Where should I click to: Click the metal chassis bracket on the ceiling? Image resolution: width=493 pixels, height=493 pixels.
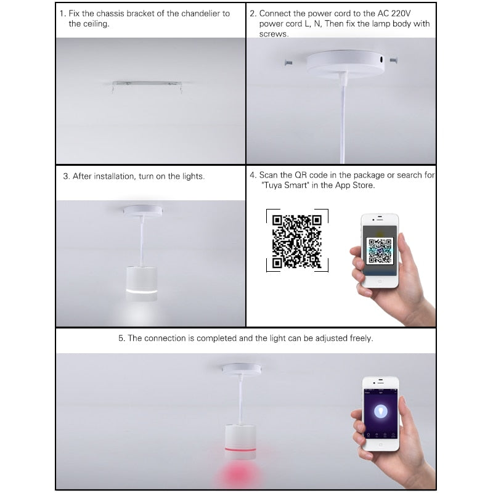[x=147, y=84]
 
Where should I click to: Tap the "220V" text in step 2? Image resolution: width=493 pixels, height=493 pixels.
[x=401, y=14]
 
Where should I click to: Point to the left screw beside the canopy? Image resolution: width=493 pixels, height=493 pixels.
[x=288, y=63]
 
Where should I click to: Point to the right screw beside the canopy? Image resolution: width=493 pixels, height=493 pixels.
[x=394, y=60]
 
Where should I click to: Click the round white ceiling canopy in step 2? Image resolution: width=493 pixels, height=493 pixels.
[x=345, y=64]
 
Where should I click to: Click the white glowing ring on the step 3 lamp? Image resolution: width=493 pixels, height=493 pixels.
[x=142, y=291]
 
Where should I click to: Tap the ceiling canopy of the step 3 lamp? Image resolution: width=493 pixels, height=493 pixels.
[x=143, y=211]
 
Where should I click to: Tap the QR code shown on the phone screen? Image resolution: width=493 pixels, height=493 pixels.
[x=380, y=251]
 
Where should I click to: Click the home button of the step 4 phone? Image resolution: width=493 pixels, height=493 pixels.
[x=380, y=281]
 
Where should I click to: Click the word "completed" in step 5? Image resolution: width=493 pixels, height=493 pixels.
[x=216, y=338]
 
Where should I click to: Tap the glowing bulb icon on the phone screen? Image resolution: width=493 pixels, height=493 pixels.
[x=381, y=411]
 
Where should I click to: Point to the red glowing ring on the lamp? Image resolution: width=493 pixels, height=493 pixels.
[x=240, y=449]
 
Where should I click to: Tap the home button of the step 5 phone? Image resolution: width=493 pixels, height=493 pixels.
[x=380, y=444]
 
